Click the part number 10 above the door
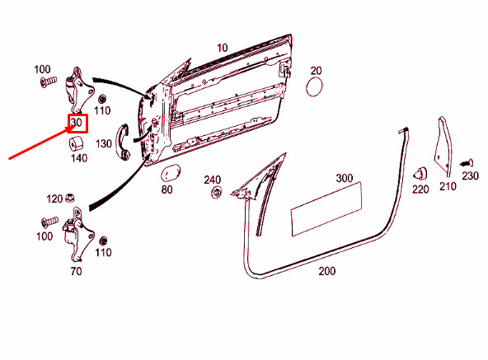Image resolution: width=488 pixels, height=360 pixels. tap(223, 48)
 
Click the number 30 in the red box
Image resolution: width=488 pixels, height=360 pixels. tap(76, 122)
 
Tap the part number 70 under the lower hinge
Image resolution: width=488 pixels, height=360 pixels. tap(76, 271)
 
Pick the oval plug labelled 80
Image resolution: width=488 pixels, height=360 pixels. tap(171, 173)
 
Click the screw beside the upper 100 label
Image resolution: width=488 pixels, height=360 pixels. tap(49, 82)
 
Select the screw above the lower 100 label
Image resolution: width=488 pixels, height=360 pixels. tap(49, 222)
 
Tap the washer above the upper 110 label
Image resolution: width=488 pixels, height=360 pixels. tap(102, 100)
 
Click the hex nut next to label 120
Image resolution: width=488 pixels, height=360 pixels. tap(70, 198)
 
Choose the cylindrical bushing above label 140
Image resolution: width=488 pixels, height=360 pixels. tap(76, 143)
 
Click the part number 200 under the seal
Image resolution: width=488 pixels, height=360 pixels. tap(327, 271)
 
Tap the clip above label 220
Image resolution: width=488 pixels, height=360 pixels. tap(420, 174)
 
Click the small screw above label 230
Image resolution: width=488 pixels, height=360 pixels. tap(467, 163)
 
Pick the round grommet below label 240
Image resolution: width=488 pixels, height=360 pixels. tap(216, 192)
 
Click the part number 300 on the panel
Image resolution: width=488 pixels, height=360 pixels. tap(345, 178)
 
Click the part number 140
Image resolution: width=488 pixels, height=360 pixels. tap(79, 158)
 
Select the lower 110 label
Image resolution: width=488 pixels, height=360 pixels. tap(103, 252)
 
